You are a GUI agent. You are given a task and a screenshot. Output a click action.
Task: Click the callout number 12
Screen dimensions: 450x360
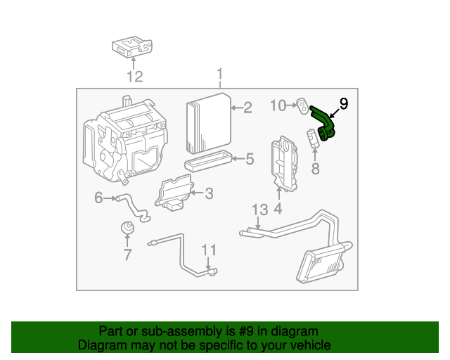tap(135, 77)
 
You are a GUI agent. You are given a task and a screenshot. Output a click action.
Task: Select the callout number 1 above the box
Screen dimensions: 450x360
tap(220, 74)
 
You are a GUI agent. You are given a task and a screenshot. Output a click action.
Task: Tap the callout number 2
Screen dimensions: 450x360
tap(247, 108)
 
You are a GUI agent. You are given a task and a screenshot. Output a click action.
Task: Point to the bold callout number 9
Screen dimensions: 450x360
tap(344, 103)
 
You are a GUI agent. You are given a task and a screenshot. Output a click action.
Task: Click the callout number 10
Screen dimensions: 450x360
tap(278, 105)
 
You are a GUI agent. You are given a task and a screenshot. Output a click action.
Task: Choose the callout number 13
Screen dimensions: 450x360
tap(260, 210)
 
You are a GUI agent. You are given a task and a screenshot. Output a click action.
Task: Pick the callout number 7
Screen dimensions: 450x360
tap(127, 255)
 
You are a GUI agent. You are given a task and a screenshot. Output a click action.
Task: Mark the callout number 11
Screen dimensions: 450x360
tap(209, 250)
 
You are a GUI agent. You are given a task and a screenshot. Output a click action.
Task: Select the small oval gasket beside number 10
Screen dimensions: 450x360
tap(302, 105)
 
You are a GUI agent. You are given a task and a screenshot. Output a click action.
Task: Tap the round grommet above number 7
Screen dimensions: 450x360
tap(127, 228)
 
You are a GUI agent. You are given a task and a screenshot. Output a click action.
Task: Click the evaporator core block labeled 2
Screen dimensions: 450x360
tap(209, 123)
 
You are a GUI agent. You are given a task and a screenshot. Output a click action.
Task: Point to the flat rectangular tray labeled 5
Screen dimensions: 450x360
tap(207, 161)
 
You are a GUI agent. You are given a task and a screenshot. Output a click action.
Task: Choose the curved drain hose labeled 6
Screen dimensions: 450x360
tap(133, 207)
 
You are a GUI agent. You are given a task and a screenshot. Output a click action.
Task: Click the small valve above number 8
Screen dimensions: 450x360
tap(313, 138)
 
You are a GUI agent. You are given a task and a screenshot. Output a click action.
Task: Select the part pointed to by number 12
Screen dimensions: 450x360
tap(132, 46)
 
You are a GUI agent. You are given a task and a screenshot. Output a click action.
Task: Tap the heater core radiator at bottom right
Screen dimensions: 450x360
tap(323, 262)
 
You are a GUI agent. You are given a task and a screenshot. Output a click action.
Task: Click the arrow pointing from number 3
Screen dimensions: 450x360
tap(197, 193)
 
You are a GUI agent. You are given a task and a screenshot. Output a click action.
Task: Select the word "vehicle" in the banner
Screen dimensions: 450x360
tap(312, 345)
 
